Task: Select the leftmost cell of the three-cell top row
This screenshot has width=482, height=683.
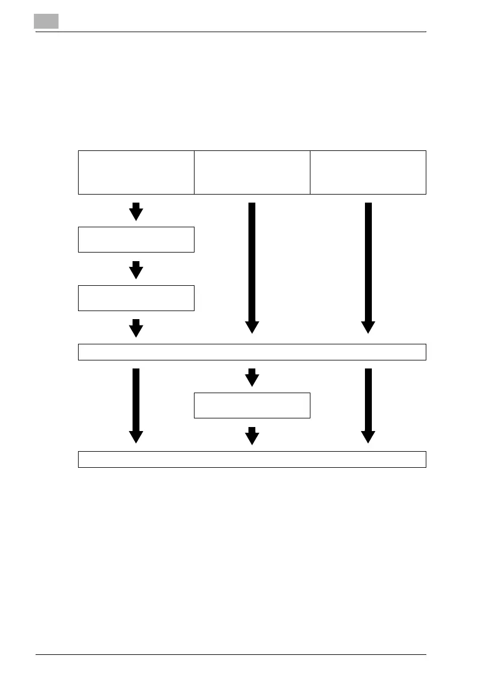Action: tap(136, 172)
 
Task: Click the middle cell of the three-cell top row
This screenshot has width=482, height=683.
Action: tap(252, 172)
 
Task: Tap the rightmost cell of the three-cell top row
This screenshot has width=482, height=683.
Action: tap(368, 172)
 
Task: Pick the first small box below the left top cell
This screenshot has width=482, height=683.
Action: tap(136, 239)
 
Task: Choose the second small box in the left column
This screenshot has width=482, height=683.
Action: tap(136, 297)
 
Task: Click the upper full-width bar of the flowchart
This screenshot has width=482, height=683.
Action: tap(252, 352)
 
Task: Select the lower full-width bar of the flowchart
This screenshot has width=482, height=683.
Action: tap(252, 459)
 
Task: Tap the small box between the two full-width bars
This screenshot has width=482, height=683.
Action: tap(252, 405)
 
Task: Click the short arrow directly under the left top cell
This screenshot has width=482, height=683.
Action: tap(136, 212)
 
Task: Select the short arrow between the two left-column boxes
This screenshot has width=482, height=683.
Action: tap(136, 270)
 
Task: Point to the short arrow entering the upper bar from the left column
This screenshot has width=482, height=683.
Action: tap(136, 328)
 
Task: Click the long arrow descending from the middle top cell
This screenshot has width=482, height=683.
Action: tap(252, 267)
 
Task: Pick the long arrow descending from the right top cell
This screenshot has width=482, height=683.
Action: tap(368, 267)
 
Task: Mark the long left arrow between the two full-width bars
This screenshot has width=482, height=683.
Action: tap(136, 405)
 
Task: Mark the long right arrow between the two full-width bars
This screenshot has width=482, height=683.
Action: tap(368, 405)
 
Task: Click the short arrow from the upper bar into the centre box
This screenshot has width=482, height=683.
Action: tap(252, 378)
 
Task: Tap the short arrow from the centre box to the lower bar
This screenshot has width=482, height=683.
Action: tap(252, 436)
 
